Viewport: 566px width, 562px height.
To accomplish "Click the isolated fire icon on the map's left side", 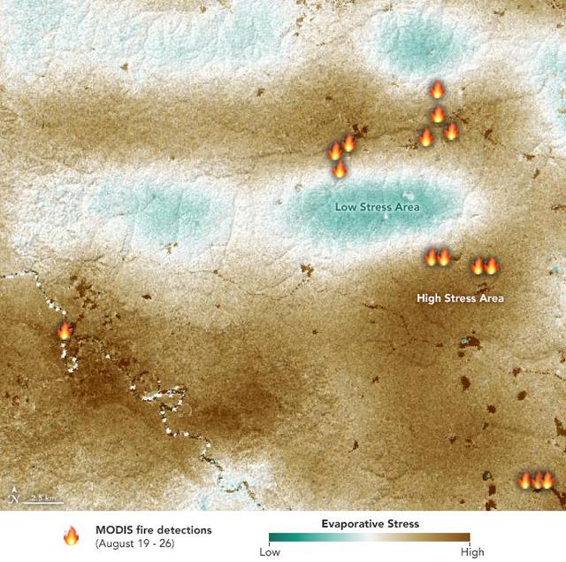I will pos(64,332).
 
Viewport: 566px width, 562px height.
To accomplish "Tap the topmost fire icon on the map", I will pos(436,89).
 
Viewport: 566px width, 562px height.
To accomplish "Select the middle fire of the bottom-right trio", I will pos(536,481).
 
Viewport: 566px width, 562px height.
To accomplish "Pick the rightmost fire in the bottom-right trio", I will pos(547,481).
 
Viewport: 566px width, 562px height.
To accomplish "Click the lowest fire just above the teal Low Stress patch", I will pos(339,168).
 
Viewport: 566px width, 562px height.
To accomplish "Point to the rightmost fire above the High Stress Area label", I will pos(492,266).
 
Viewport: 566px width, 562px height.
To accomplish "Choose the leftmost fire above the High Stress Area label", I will pos(432,258).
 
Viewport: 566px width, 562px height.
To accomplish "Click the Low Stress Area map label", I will pos(377,207).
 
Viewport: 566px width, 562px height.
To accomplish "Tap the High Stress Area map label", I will pos(460,298).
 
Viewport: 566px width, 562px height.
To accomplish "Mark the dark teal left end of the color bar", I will pos(272,538).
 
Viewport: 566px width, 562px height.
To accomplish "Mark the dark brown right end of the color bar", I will pos(470,538).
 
